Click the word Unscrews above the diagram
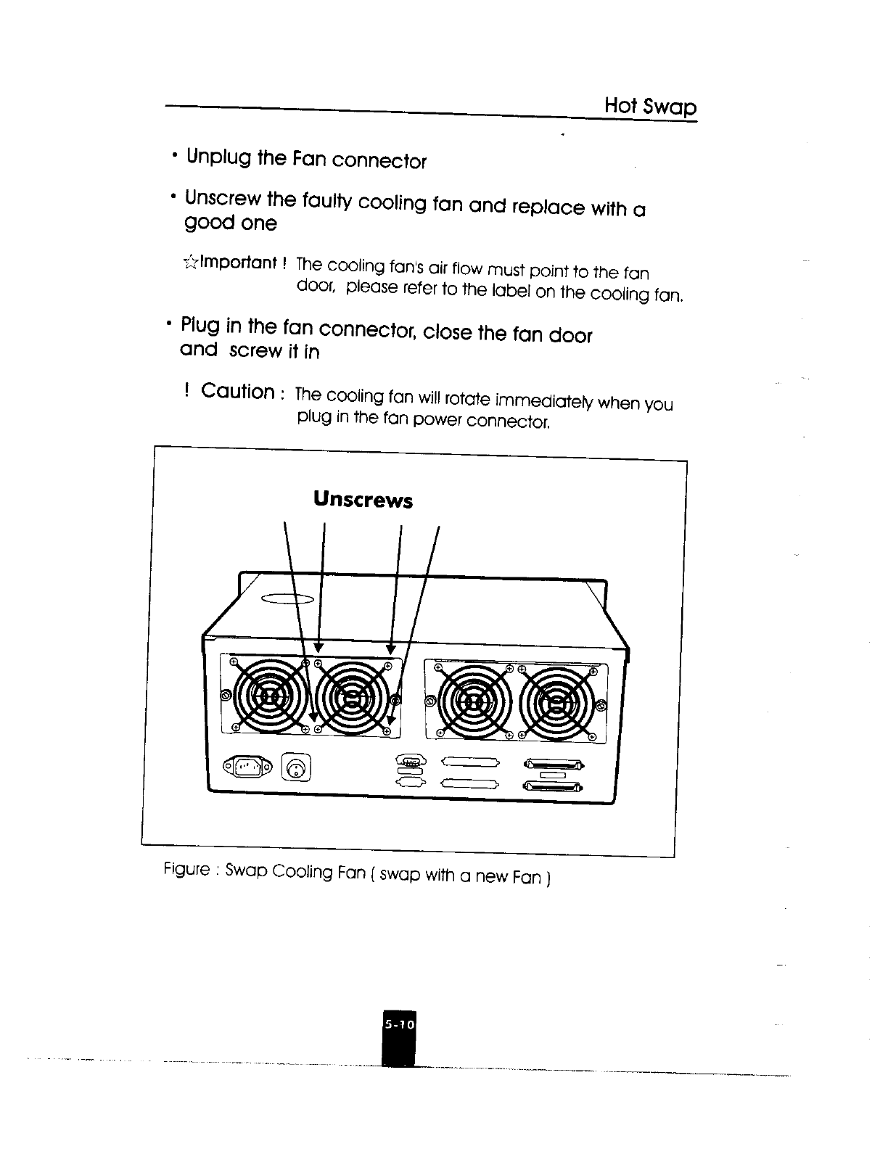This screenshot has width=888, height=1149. click(363, 500)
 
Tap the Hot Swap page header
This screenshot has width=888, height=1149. click(650, 107)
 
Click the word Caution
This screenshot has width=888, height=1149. click(237, 392)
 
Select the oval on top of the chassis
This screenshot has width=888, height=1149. click(287, 598)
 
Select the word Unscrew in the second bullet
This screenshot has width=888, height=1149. click(224, 198)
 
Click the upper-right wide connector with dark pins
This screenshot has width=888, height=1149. click(552, 763)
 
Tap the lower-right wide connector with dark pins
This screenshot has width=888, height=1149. click(552, 786)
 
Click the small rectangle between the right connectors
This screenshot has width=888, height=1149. click(553, 775)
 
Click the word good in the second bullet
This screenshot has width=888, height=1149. click(209, 222)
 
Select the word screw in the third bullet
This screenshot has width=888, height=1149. click(255, 350)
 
